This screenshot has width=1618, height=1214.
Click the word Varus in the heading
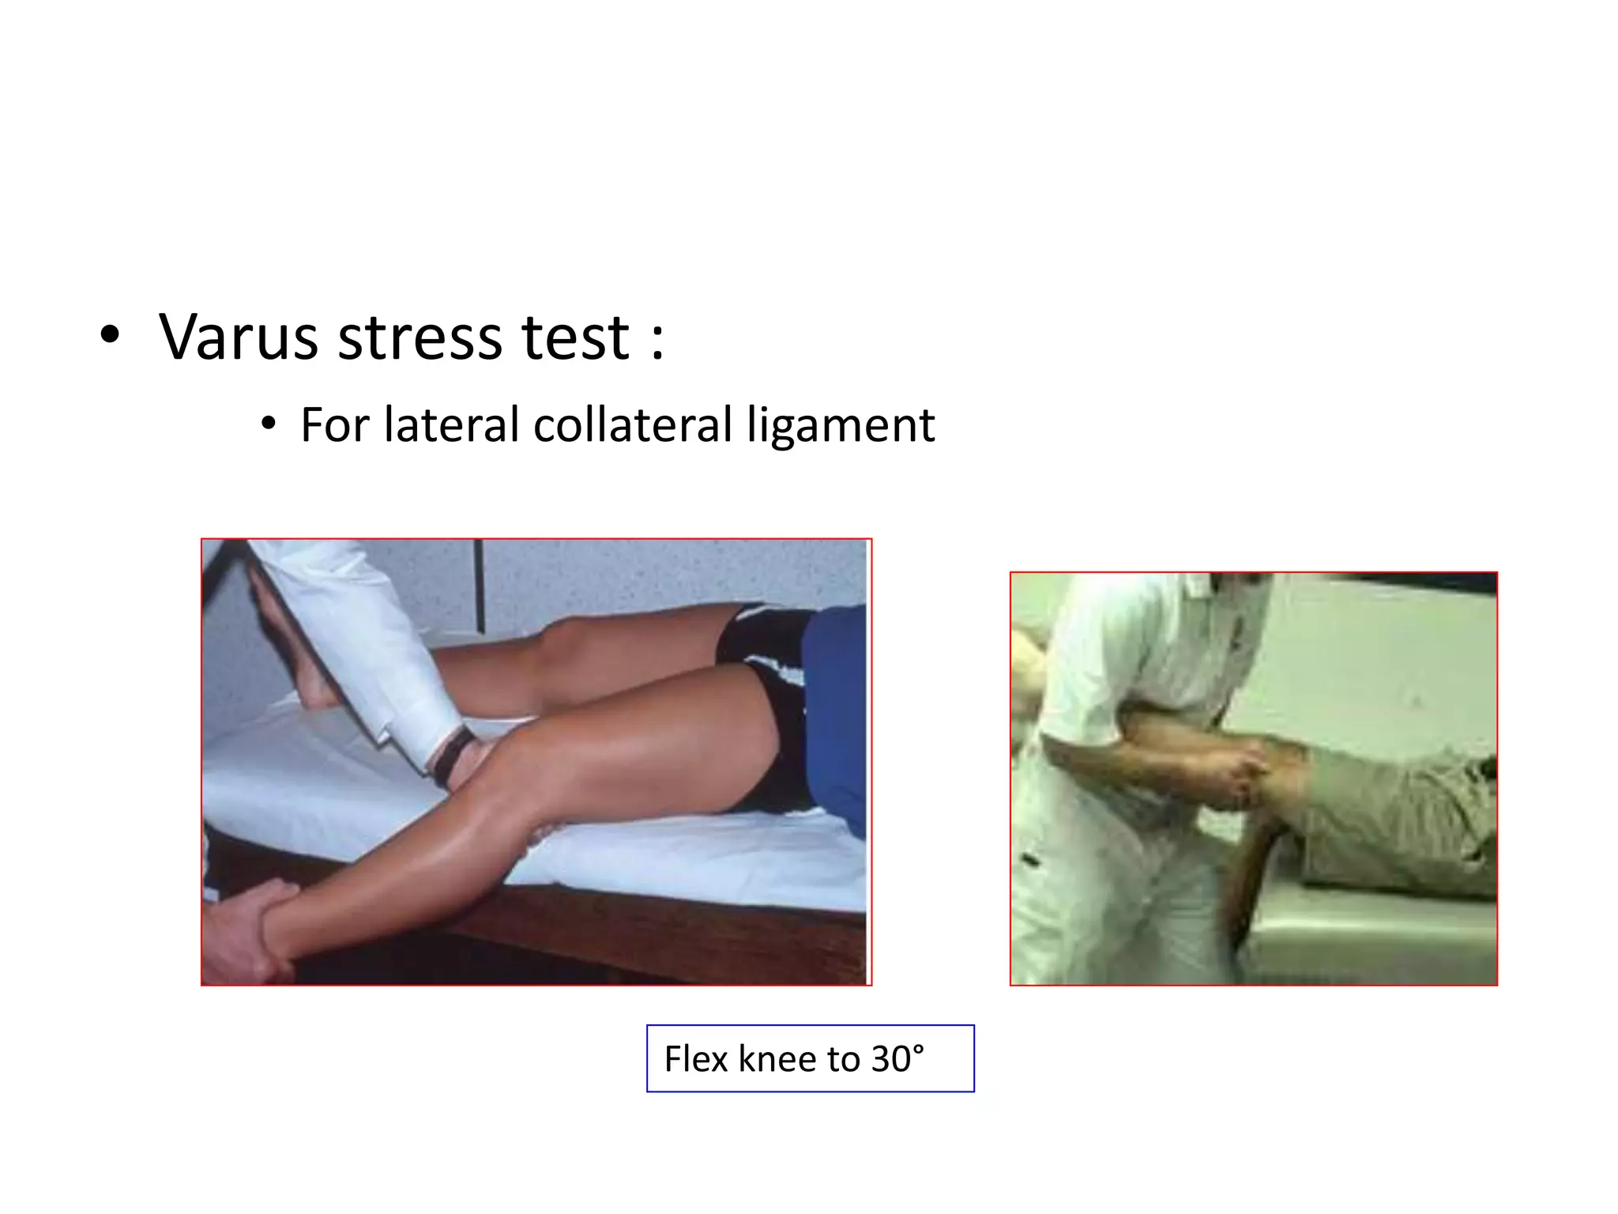236,337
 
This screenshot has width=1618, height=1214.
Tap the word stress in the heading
420,337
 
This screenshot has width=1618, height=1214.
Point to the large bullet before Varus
110,337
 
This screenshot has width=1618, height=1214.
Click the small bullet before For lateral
269,425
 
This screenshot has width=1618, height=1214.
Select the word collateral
633,425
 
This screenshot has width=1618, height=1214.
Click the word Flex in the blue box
694,1059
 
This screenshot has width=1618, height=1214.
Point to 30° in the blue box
897,1059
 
